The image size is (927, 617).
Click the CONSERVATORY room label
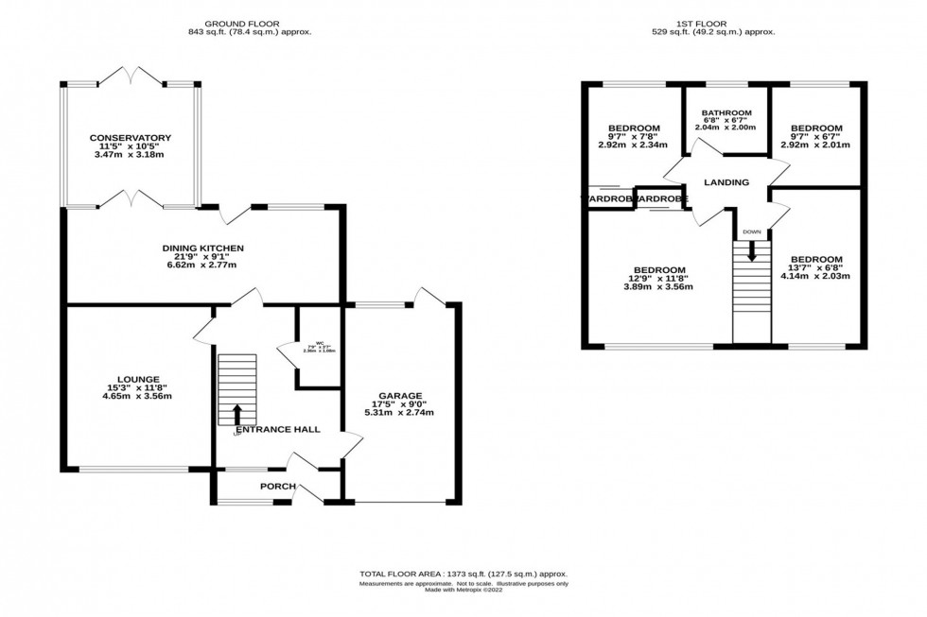(x=131, y=138)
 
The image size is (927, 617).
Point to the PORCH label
(x=278, y=488)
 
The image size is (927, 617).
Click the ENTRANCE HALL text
(x=277, y=429)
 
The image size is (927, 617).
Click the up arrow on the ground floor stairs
(x=236, y=414)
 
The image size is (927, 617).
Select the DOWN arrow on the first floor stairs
(x=752, y=250)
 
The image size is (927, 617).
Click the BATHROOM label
(x=726, y=112)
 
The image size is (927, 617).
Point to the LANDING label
(x=726, y=182)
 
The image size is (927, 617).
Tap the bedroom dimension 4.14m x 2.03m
(x=815, y=277)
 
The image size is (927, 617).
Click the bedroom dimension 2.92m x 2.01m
(x=815, y=146)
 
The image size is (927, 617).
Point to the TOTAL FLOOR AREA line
(x=463, y=574)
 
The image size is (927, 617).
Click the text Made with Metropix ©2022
(x=463, y=591)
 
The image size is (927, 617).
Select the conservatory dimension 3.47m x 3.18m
(x=131, y=155)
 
